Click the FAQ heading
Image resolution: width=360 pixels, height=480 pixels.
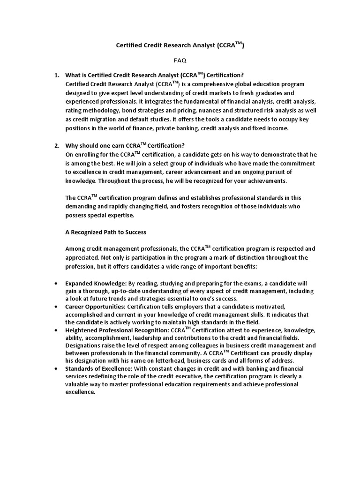point(180,60)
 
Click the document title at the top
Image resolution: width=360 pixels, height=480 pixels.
point(180,46)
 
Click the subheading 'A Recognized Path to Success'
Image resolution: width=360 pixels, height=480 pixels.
point(106,232)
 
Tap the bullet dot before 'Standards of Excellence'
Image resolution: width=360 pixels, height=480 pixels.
point(56,369)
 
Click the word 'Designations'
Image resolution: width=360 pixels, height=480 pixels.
point(85,345)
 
